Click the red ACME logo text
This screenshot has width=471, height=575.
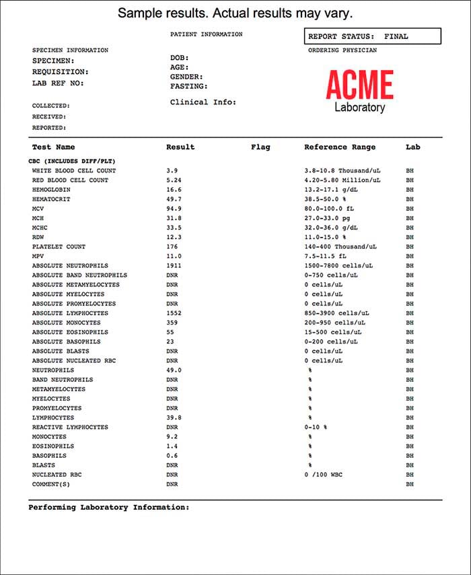tap(359, 85)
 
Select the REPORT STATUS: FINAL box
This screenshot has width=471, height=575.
tap(372, 36)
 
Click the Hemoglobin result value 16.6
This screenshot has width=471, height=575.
tap(174, 190)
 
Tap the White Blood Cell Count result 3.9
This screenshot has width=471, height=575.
tap(172, 171)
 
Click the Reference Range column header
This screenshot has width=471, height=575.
tap(340, 147)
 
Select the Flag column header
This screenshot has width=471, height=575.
tap(260, 147)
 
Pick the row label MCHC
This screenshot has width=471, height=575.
tap(40, 228)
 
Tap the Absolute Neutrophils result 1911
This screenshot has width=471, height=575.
tap(174, 266)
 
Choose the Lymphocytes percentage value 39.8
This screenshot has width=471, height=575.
tap(174, 417)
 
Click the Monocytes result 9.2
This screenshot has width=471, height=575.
tap(172, 436)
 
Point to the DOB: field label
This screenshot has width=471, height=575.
tap(180, 58)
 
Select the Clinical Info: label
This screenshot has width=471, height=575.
tap(203, 102)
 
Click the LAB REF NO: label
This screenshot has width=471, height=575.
tap(58, 83)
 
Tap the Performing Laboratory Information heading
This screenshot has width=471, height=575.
tap(109, 507)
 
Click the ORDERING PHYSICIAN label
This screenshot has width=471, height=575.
tap(342, 50)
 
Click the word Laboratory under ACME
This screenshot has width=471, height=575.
tap(359, 108)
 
